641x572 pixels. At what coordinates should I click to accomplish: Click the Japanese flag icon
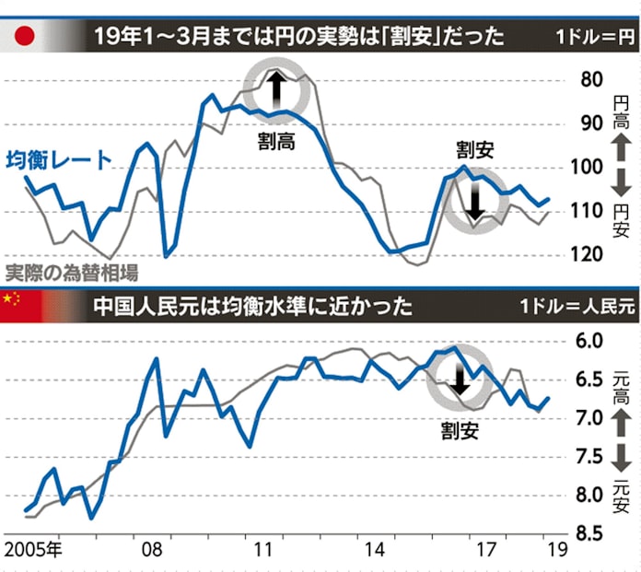25,37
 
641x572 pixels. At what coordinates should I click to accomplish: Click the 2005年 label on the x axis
33,553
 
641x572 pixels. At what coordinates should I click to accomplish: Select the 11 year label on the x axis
264,553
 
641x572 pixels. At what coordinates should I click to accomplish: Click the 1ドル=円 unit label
595,38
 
